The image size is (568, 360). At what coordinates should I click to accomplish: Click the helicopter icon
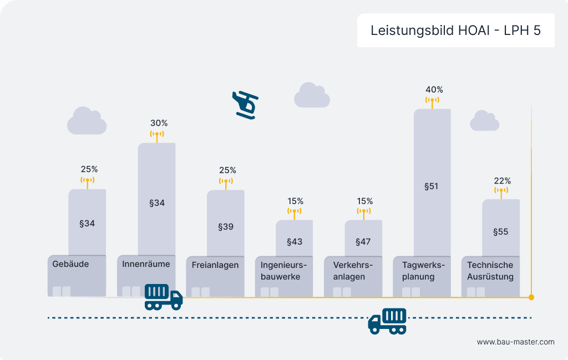point(245,104)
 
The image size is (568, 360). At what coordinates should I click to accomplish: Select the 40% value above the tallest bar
point(434,89)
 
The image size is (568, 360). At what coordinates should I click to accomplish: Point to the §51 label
point(431,186)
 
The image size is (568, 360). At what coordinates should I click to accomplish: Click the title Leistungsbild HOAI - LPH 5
point(455,31)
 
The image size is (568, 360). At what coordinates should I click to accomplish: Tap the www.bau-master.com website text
point(515,342)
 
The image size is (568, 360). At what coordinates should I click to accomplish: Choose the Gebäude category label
point(70,264)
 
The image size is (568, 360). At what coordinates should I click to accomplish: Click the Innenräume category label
point(146,264)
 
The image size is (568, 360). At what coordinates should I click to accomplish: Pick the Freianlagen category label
point(215,265)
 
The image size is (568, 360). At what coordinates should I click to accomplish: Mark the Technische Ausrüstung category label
point(490,271)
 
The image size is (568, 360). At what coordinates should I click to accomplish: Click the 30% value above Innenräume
point(159,123)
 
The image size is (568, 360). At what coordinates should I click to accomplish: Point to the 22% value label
point(502,181)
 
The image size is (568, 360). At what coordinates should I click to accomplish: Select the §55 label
point(500,232)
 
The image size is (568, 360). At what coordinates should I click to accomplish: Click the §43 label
point(295,242)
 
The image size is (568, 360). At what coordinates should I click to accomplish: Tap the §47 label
point(363,242)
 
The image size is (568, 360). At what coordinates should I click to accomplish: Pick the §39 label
point(225,227)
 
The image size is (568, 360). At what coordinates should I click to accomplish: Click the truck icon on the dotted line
point(387,321)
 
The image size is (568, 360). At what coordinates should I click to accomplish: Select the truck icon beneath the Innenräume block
point(163,297)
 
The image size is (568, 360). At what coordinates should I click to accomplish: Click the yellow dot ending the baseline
point(531,297)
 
